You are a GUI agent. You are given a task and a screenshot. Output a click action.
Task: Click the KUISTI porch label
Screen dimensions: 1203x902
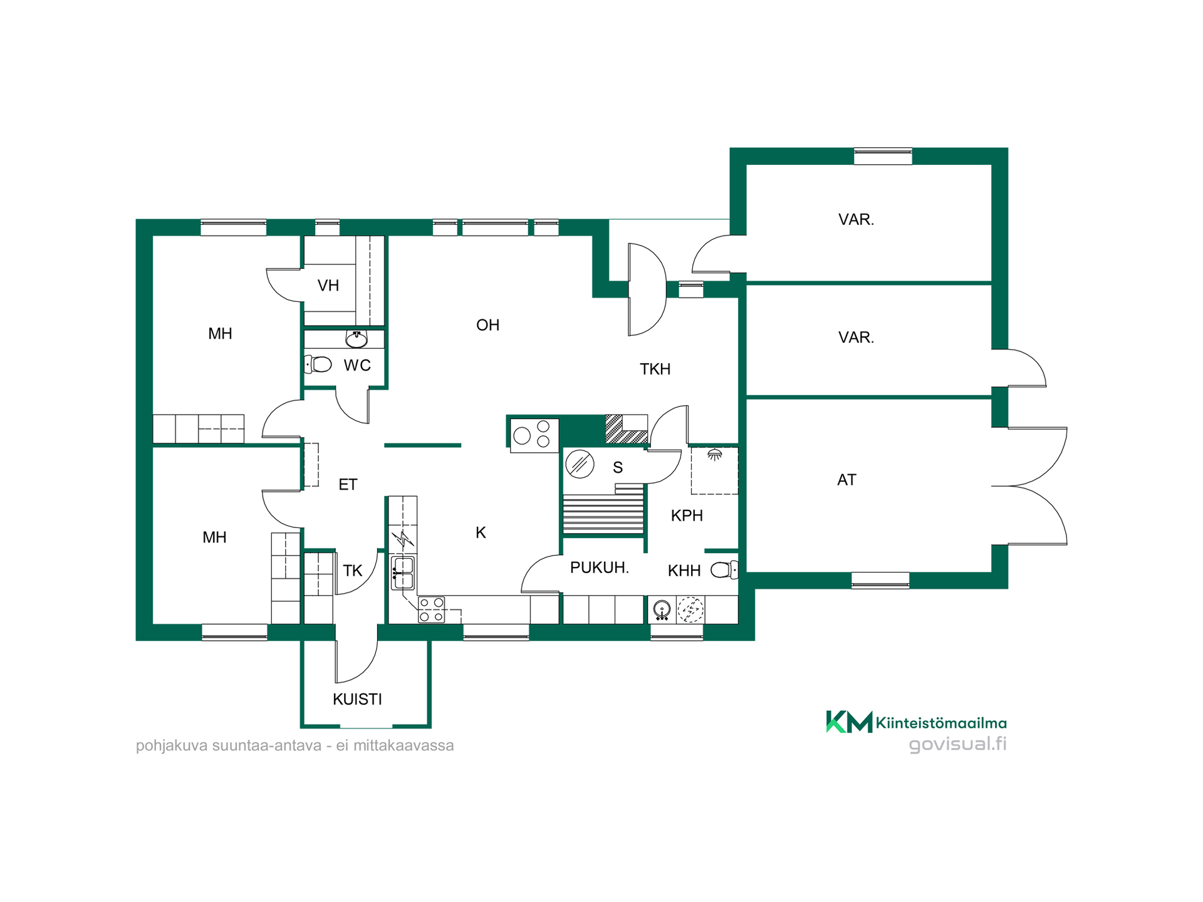pyautogui.click(x=357, y=699)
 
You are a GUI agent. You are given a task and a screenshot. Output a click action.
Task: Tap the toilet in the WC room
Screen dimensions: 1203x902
pyautogui.click(x=318, y=364)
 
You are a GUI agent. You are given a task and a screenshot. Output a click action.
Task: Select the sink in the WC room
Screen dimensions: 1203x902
pyautogui.click(x=357, y=340)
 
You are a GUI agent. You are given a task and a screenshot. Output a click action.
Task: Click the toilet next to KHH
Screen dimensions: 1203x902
pyautogui.click(x=724, y=570)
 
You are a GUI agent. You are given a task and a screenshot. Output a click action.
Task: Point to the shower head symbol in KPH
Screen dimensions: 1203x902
pyautogui.click(x=715, y=455)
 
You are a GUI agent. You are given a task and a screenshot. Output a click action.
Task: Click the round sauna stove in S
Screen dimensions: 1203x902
pyautogui.click(x=580, y=464)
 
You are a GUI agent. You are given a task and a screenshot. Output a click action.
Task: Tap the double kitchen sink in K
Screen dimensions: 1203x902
pyautogui.click(x=403, y=573)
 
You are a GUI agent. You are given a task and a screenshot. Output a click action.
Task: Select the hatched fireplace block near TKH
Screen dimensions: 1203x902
pyautogui.click(x=626, y=429)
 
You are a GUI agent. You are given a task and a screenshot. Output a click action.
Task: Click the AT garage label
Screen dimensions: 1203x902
pyautogui.click(x=846, y=480)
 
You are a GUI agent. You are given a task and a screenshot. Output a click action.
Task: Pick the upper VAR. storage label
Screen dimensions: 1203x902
pyautogui.click(x=856, y=219)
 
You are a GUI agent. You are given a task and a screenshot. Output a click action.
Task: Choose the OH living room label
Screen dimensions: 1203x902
pyautogui.click(x=487, y=325)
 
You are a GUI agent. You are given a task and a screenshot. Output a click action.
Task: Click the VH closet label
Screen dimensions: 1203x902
pyautogui.click(x=328, y=286)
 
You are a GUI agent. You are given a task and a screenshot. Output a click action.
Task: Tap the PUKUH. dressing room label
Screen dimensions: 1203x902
pyautogui.click(x=599, y=568)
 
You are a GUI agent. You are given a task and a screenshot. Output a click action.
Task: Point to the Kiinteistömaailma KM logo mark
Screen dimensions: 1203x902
pyautogui.click(x=849, y=722)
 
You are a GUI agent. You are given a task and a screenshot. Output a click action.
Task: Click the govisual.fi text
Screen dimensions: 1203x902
pyautogui.click(x=957, y=744)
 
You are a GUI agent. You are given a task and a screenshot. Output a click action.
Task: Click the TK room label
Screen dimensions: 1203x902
pyautogui.click(x=353, y=571)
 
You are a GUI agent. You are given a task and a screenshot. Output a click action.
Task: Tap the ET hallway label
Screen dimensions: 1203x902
pyautogui.click(x=348, y=484)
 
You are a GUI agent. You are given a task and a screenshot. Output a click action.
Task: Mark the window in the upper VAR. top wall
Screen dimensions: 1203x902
pyautogui.click(x=883, y=156)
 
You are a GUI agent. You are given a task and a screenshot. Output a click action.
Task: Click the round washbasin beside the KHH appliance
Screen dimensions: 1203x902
pyautogui.click(x=662, y=609)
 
